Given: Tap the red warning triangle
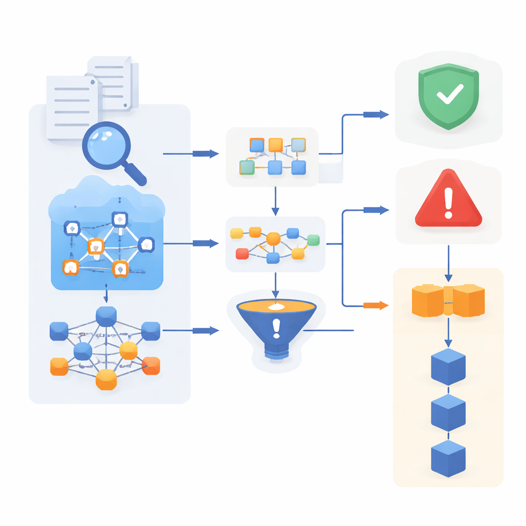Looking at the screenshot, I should click(448, 201).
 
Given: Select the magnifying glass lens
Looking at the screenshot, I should click(106, 145).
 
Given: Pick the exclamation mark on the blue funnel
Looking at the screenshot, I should click(277, 328).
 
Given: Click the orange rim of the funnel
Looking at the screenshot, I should click(276, 307).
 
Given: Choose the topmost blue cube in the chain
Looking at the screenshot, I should click(448, 366).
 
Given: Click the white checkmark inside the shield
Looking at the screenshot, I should click(449, 95).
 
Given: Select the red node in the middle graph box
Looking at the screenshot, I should click(242, 253).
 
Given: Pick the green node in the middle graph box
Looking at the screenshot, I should click(313, 240).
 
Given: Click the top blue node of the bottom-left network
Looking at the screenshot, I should click(106, 316).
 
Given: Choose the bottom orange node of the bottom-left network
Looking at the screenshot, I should click(106, 380).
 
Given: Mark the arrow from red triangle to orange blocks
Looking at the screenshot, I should click(448, 262).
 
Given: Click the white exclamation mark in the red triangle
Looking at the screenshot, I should click(448, 202).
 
